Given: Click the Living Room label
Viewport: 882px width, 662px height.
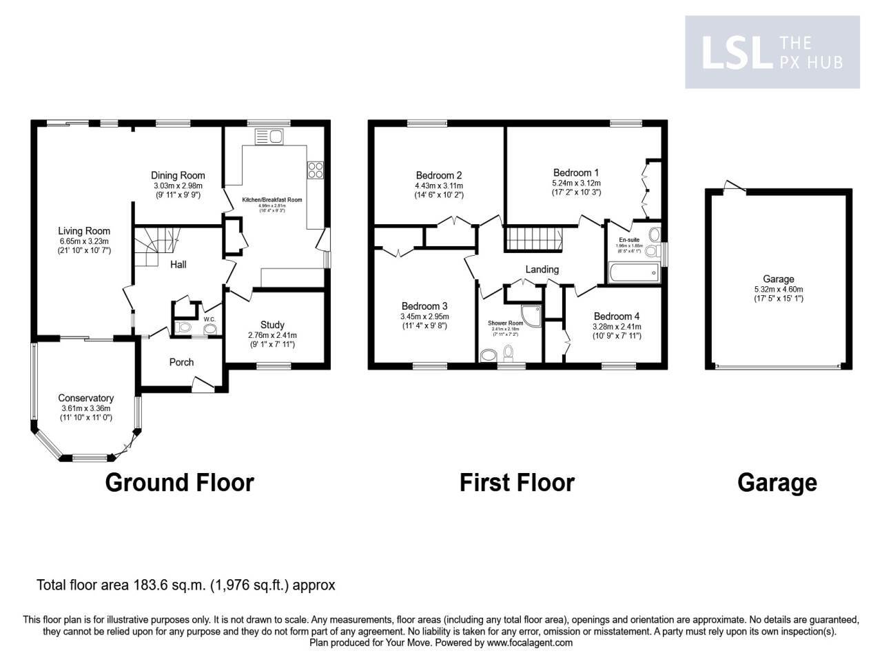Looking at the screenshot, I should pos(84,231).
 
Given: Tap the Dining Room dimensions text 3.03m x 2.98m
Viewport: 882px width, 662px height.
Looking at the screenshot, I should pos(178,185).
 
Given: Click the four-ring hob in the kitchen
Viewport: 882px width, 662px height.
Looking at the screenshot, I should pos(316,170).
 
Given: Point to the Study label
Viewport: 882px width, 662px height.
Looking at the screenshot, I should pos(272,325).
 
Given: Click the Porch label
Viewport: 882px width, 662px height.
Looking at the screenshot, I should pos(181,362).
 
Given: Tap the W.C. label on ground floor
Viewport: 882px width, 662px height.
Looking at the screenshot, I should pos(209,319).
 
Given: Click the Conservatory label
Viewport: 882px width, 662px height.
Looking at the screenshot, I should pos(85,398).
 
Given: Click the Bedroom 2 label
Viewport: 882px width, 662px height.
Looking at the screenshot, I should pos(439,175).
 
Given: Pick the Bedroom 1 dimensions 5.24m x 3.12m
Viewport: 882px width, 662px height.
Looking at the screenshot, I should pos(576,183).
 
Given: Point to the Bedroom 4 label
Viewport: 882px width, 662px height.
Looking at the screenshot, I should pos(617,317).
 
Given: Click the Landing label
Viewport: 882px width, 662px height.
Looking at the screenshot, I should pos(542,269).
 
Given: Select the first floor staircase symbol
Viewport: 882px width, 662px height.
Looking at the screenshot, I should pos(533,239).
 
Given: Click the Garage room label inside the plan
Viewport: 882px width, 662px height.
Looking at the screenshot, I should pos(778,279).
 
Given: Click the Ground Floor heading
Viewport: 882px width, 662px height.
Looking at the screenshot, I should pos(179,482).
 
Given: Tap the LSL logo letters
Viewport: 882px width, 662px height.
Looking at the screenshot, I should pos(735,53).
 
